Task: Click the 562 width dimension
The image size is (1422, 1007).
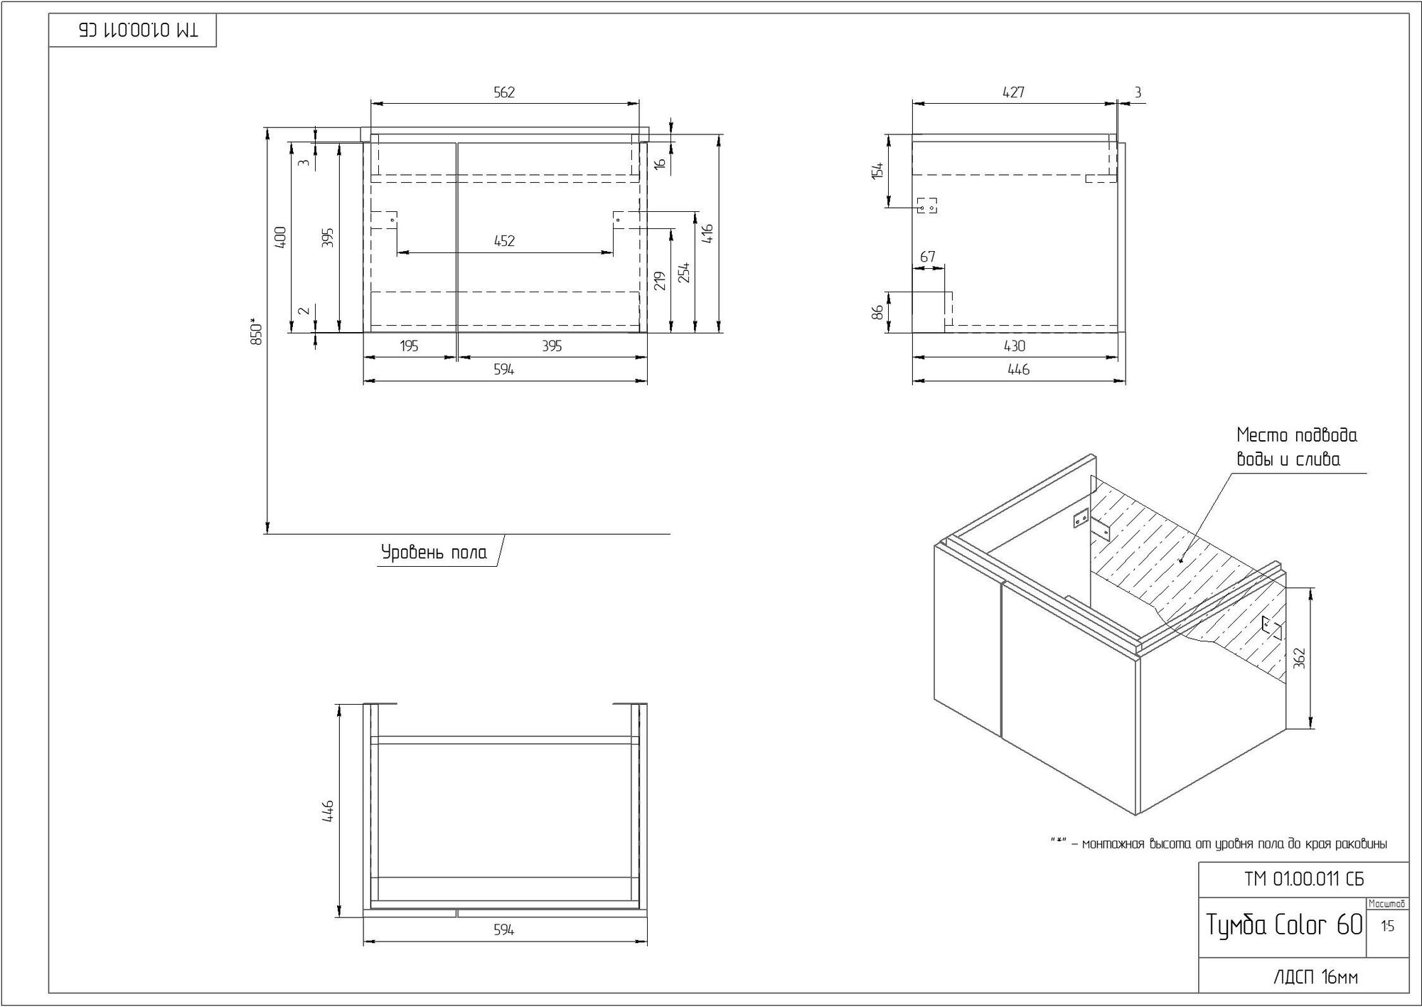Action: click(x=503, y=92)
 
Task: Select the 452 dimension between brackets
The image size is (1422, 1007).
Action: click(x=504, y=241)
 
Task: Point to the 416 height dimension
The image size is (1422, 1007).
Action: click(x=707, y=233)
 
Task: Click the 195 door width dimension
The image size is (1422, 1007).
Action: click(x=409, y=346)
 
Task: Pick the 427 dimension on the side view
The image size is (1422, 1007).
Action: click(x=1013, y=92)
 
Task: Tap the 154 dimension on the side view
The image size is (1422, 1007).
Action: click(x=878, y=171)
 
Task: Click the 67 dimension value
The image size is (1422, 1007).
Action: click(x=927, y=257)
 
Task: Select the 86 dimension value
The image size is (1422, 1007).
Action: click(x=878, y=311)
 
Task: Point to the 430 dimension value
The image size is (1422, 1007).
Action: click(x=1015, y=346)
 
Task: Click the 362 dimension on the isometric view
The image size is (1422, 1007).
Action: click(x=1300, y=659)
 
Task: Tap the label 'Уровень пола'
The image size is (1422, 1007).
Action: click(x=434, y=553)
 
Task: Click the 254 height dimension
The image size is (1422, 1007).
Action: click(x=684, y=272)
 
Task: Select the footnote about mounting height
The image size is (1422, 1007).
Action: click(x=1219, y=844)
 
